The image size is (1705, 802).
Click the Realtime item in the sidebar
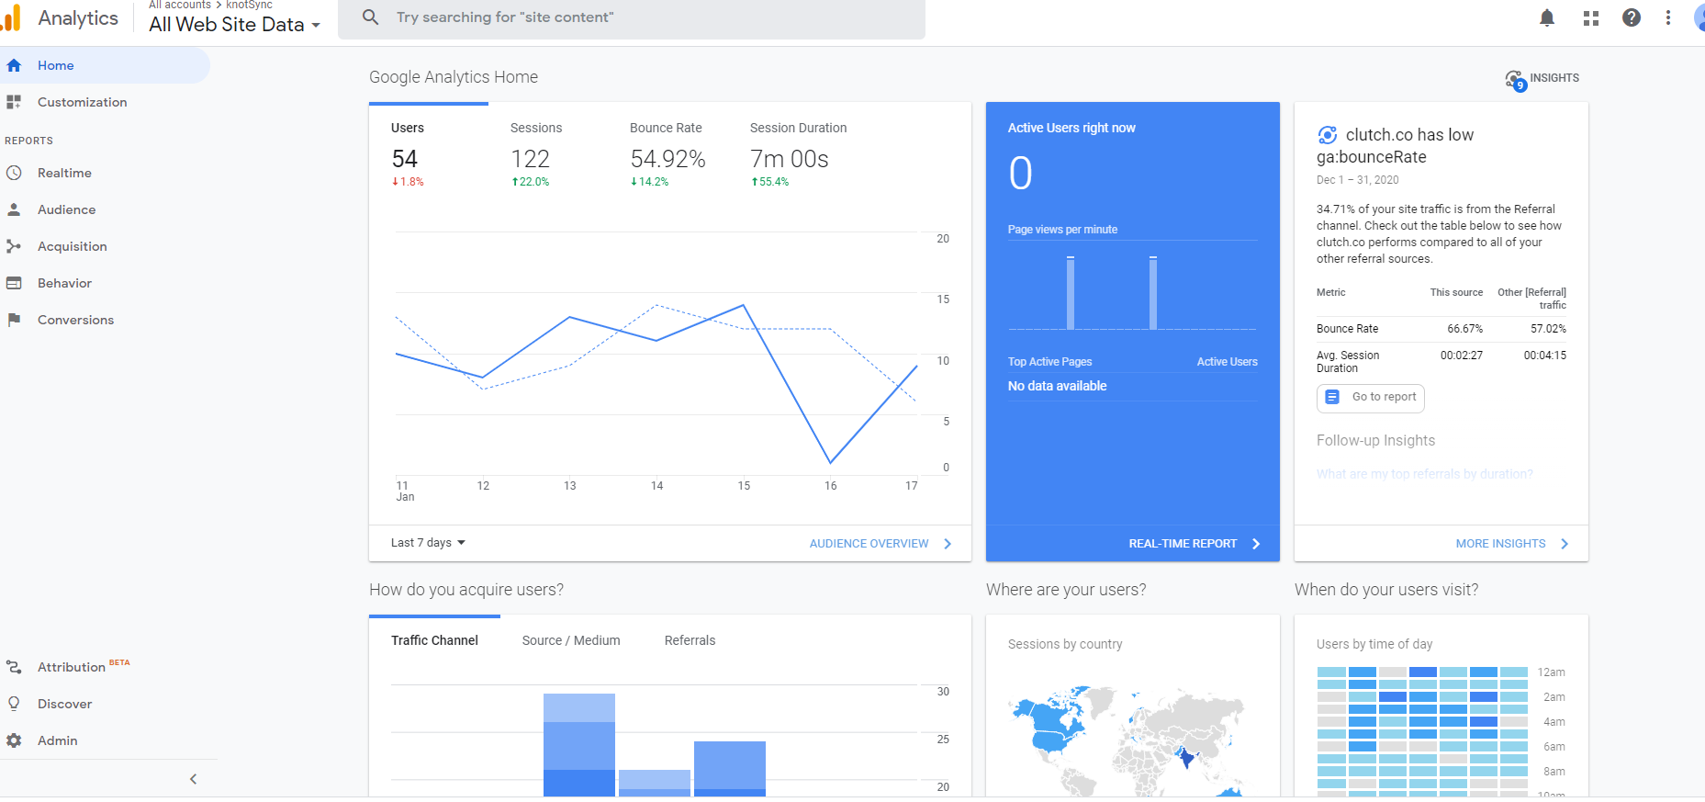64,173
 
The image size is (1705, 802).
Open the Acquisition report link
72,246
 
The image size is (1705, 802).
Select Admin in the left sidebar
57,740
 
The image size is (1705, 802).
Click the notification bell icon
1547,17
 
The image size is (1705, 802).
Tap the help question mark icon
1632,17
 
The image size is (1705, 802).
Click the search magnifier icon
371,17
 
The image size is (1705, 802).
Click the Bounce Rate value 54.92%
667,159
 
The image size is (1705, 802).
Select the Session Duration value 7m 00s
789,159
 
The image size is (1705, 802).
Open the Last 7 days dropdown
428,543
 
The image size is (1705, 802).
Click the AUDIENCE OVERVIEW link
869,544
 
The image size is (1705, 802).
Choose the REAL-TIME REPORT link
1183,544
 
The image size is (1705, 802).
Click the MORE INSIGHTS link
1500,544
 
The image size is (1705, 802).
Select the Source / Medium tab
571,640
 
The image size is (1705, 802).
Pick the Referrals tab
690,640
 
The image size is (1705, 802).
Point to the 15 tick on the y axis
943,299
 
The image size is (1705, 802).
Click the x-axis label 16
830,486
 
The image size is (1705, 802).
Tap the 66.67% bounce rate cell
1464,329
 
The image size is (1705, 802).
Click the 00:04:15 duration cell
1545,356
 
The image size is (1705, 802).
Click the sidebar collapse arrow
193,779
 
